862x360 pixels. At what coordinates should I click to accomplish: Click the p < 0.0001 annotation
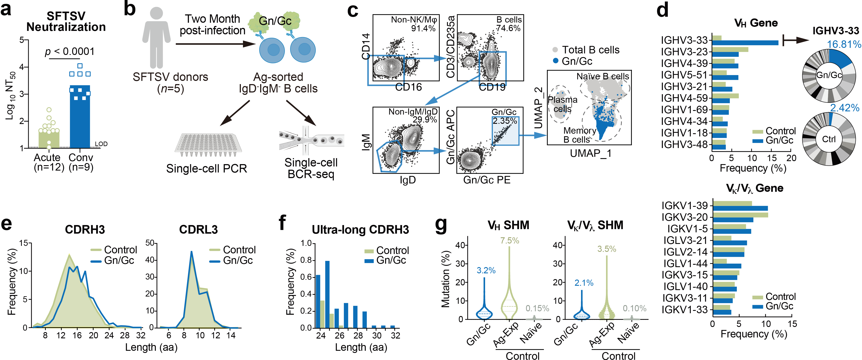tap(70, 51)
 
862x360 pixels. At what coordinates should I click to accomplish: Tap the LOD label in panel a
tap(101, 144)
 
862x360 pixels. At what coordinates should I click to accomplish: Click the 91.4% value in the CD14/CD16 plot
tap(423, 29)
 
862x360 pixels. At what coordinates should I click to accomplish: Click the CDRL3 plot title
tap(198, 230)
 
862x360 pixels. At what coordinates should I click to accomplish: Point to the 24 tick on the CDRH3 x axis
tap(109, 335)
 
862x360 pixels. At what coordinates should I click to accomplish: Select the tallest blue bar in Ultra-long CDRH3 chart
tap(327, 294)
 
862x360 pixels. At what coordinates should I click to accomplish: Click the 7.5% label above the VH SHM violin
tap(509, 241)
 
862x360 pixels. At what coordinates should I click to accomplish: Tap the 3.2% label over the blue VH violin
tap(486, 270)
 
